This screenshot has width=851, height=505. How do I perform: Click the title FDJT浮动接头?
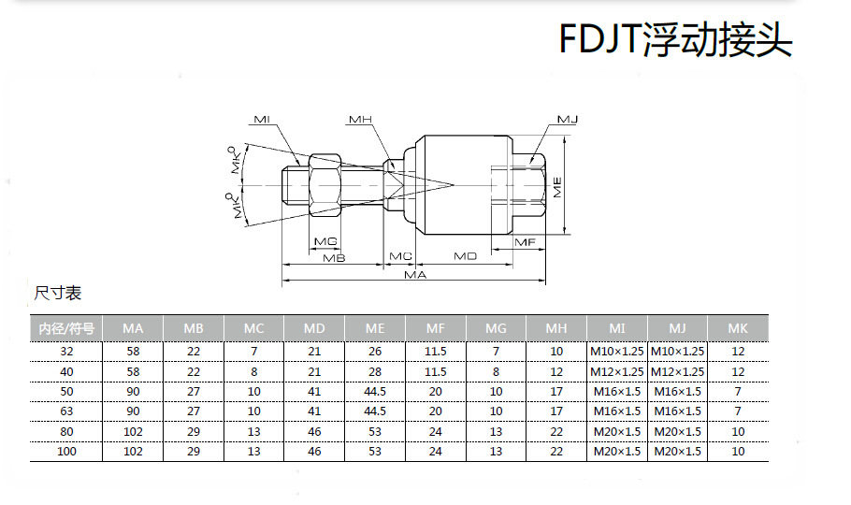click(x=675, y=40)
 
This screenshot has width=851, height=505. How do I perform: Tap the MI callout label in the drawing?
click(x=262, y=121)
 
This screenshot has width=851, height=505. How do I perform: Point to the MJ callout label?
click(x=568, y=121)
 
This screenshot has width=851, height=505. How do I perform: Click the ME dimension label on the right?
click(x=558, y=187)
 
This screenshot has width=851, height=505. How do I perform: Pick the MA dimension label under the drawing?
click(x=415, y=275)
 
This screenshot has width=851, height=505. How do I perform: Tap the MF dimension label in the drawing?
click(x=526, y=242)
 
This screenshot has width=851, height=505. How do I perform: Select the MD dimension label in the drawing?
click(x=465, y=255)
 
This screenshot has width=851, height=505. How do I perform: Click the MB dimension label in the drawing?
click(x=334, y=256)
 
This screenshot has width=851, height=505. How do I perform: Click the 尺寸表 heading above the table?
click(x=57, y=294)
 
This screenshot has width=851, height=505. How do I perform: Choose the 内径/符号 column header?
click(x=66, y=328)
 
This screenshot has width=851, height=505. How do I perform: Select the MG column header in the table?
click(x=496, y=328)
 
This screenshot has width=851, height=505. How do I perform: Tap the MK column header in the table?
click(x=738, y=328)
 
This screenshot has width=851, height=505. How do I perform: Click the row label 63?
click(x=66, y=411)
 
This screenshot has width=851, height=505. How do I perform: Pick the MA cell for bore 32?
click(x=133, y=351)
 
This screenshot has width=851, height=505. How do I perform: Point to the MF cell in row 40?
click(x=436, y=371)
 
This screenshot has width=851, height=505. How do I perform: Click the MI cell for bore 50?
click(x=617, y=391)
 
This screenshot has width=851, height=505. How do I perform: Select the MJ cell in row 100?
click(x=678, y=452)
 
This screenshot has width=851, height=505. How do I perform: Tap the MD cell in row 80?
click(x=314, y=431)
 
